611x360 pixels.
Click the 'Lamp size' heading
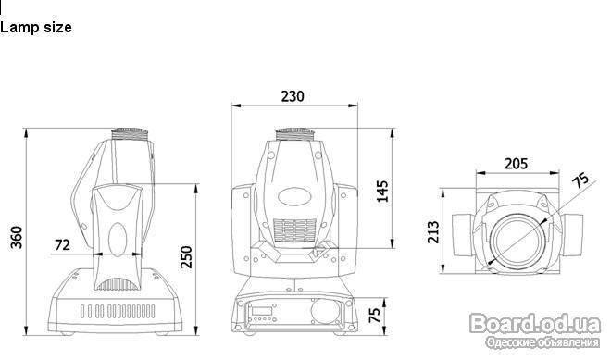(x=36, y=27)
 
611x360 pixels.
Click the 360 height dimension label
(x=17, y=237)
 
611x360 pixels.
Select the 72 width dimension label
(x=62, y=244)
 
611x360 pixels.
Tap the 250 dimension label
(x=186, y=256)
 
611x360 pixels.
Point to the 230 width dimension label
(x=293, y=96)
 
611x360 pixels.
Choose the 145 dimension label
(x=382, y=191)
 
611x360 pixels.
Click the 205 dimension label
(x=516, y=164)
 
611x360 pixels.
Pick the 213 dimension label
(x=433, y=232)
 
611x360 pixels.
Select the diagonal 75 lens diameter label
(x=580, y=180)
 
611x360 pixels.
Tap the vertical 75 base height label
(x=374, y=316)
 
